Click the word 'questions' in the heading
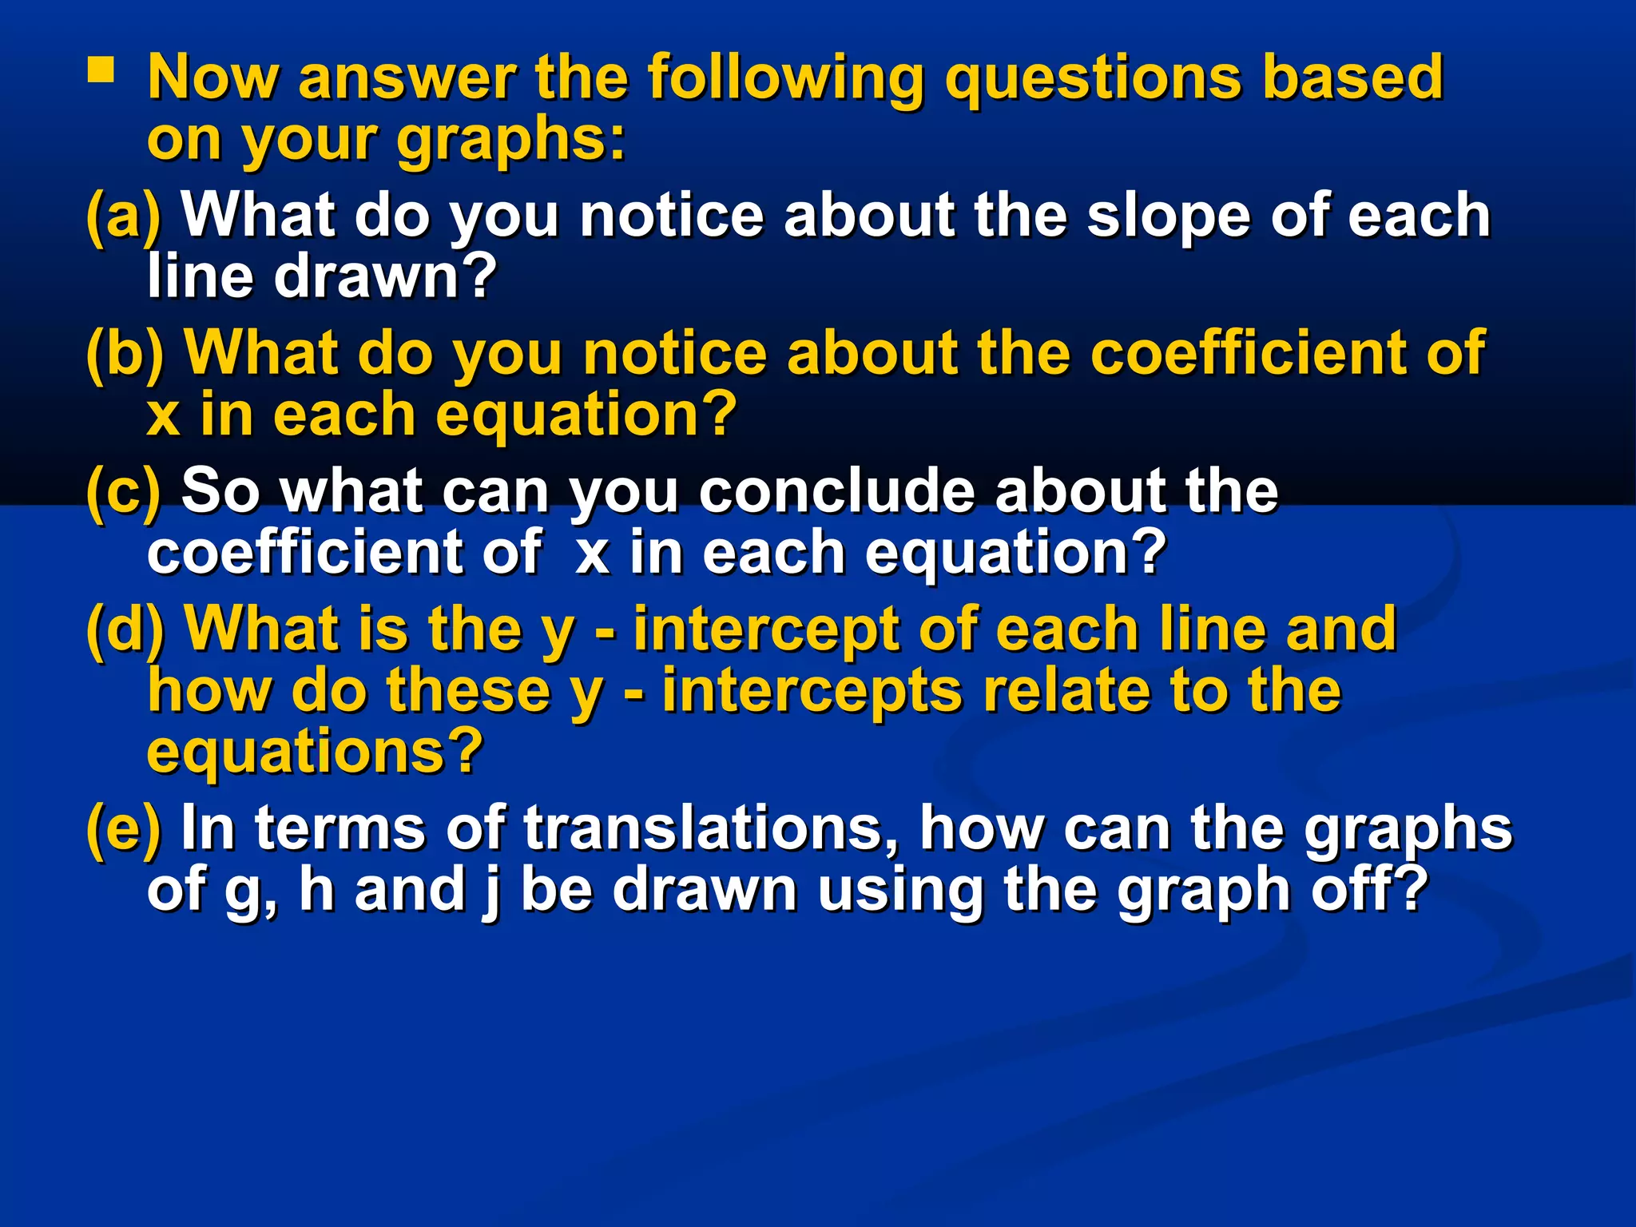(x=1092, y=79)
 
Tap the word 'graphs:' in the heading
(x=511, y=141)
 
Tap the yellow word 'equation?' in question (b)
(x=587, y=415)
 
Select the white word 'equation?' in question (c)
(x=1016, y=553)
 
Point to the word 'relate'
(x=1066, y=691)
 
